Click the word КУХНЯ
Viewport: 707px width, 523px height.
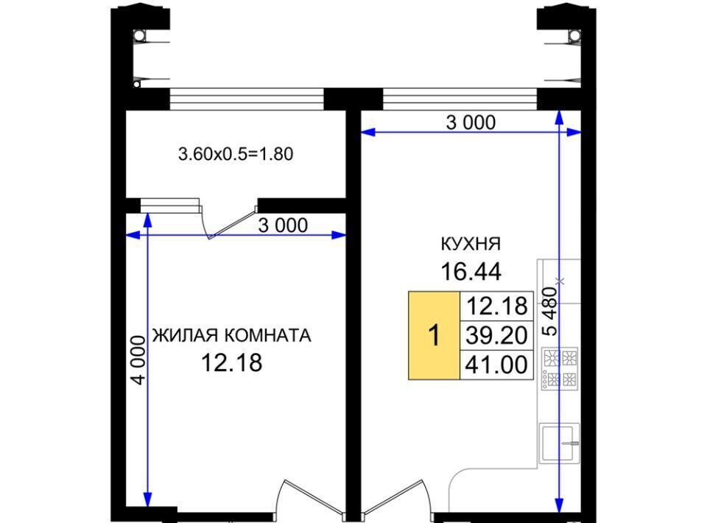pos(471,244)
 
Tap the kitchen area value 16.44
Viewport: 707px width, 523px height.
pos(471,272)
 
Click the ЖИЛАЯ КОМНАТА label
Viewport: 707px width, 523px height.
pos(232,335)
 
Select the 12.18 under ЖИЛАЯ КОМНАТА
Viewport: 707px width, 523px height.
pos(231,363)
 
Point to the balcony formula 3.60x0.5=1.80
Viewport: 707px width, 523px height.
pos(236,154)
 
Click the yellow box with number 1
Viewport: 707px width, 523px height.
pos(435,335)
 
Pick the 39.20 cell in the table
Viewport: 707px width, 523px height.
pos(496,335)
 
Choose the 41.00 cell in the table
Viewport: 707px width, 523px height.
pos(496,365)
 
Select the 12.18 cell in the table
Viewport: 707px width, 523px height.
pos(496,306)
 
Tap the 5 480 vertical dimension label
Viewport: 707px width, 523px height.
pos(550,312)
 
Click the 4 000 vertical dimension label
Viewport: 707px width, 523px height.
pos(138,359)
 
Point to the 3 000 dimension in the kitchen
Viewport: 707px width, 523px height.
pos(471,122)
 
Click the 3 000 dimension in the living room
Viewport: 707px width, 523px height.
pos(283,225)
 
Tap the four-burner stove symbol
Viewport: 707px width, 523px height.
pos(560,368)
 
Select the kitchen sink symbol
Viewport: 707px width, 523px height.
pos(560,443)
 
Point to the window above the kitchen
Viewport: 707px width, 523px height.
pos(460,99)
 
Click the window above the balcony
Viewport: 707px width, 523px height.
pos(247,99)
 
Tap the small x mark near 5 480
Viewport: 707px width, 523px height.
pos(560,281)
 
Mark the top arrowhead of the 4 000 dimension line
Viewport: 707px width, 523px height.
pos(147,218)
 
